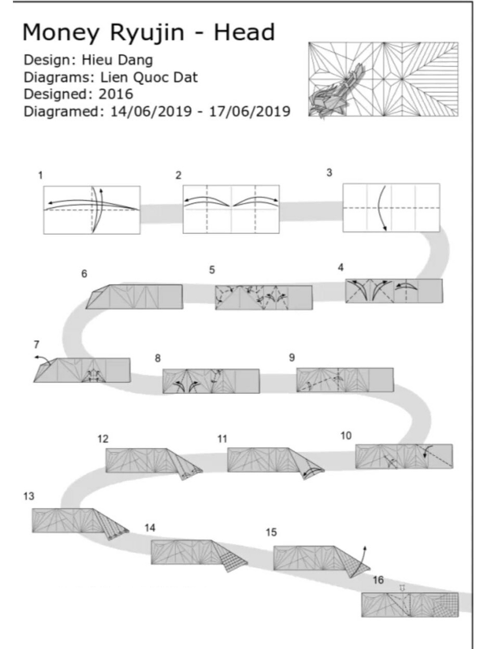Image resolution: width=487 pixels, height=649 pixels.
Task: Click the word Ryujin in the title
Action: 147,33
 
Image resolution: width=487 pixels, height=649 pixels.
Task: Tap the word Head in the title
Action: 244,32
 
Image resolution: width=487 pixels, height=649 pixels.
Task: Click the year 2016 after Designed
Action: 116,94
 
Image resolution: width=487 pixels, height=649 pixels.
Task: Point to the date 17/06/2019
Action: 250,112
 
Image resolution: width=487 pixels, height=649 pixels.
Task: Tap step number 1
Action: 41,175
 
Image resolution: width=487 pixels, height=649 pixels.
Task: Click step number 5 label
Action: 212,270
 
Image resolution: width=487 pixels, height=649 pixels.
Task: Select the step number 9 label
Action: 292,357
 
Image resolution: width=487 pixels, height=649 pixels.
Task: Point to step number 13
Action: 29,496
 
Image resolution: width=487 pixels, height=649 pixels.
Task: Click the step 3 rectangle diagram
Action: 391,207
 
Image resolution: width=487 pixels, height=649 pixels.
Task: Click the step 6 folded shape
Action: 134,297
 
